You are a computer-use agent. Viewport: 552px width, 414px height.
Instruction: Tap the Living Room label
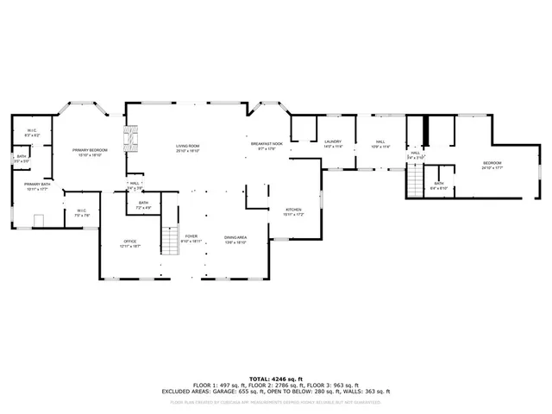click(188, 148)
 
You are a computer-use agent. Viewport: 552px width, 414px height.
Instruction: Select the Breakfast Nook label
click(263, 146)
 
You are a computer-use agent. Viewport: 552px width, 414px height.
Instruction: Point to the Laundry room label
click(333, 143)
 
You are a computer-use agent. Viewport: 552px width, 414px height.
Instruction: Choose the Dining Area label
click(235, 239)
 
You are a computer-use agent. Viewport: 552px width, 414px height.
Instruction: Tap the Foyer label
click(190, 239)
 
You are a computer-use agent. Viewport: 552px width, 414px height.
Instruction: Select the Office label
click(130, 243)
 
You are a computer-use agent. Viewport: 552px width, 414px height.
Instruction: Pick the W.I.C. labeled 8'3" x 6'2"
click(33, 133)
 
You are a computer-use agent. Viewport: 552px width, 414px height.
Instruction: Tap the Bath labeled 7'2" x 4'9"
click(144, 204)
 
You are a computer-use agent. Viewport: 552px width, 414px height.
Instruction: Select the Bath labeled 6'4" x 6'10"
click(439, 185)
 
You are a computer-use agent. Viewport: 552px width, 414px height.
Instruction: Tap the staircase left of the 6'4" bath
click(417, 180)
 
